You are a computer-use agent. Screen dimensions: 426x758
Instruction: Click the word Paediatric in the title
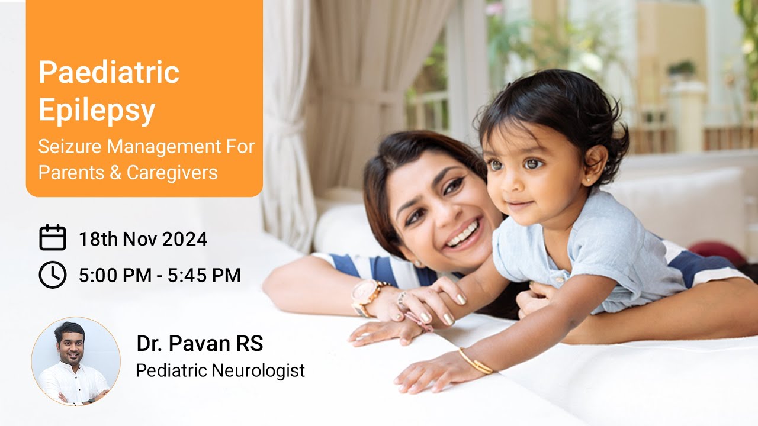109,73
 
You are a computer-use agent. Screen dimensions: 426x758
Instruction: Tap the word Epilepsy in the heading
97,109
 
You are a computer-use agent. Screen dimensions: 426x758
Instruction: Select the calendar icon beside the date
52,238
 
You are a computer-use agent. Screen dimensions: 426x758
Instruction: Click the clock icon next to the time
52,275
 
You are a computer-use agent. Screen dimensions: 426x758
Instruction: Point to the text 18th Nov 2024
143,239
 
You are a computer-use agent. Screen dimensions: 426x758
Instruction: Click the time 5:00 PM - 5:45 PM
159,275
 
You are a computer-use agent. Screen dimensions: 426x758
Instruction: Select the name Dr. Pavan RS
200,343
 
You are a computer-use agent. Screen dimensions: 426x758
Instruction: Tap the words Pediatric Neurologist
220,370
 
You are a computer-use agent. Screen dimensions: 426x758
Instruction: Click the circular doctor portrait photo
76,361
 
